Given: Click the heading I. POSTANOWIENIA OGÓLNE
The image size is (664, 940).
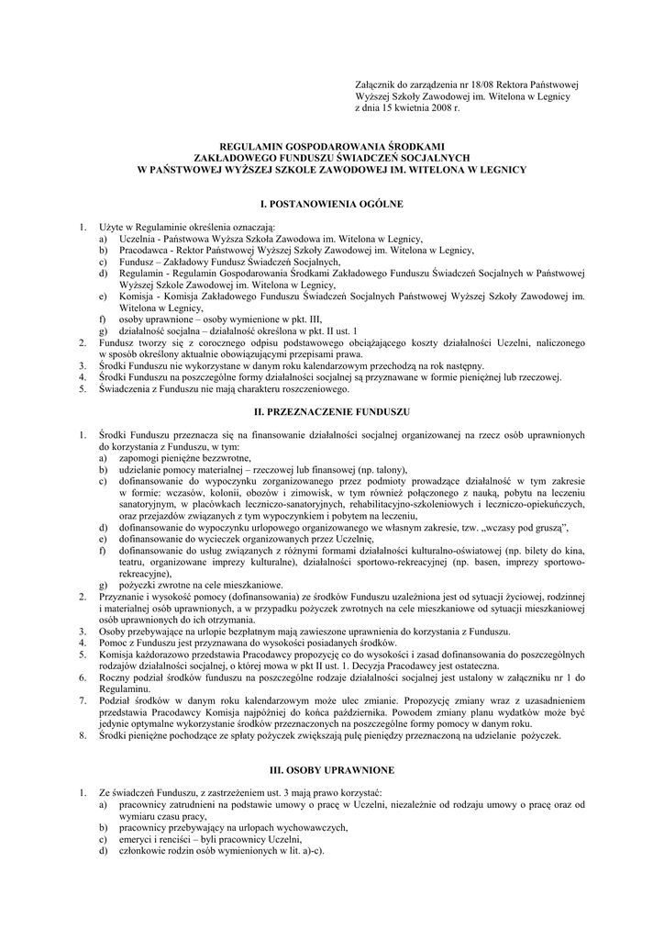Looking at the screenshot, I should (331, 201).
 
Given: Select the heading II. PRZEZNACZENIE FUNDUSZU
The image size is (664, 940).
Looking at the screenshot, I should (331, 412).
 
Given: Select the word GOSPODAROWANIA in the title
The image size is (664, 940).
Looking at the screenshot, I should (332, 146).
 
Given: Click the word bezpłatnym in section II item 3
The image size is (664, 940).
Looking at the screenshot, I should (225, 631).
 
